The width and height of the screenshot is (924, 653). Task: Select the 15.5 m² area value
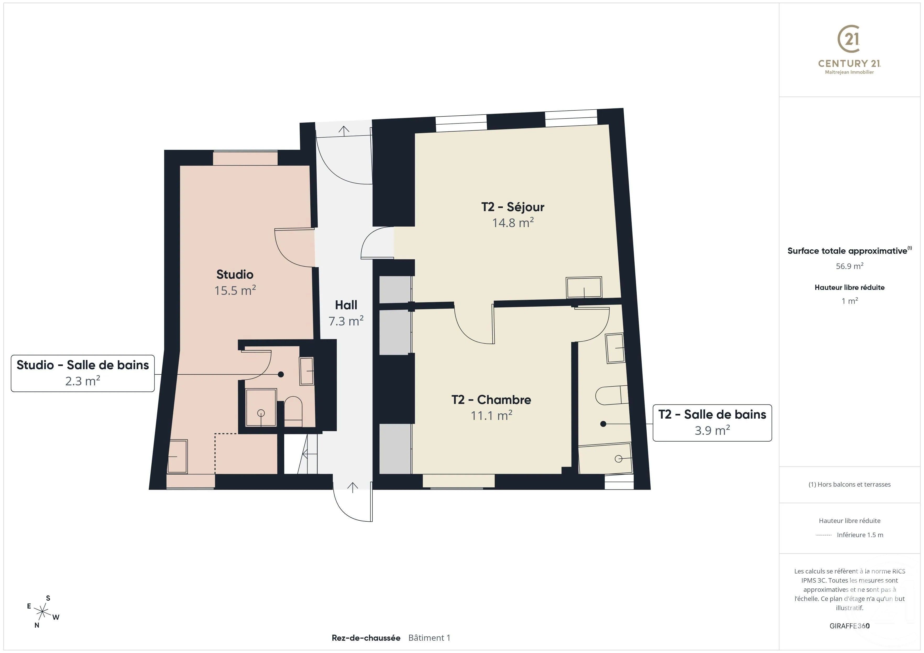(235, 290)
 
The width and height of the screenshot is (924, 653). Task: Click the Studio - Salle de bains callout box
(82, 373)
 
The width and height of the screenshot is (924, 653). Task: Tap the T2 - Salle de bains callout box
(712, 422)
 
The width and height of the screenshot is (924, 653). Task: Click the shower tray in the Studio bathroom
(261, 407)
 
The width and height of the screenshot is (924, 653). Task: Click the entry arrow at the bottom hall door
(353, 487)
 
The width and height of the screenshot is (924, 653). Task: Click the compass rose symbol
(42, 612)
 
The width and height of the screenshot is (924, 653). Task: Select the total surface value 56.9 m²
(849, 266)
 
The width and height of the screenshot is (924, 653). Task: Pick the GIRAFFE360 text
(849, 626)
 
